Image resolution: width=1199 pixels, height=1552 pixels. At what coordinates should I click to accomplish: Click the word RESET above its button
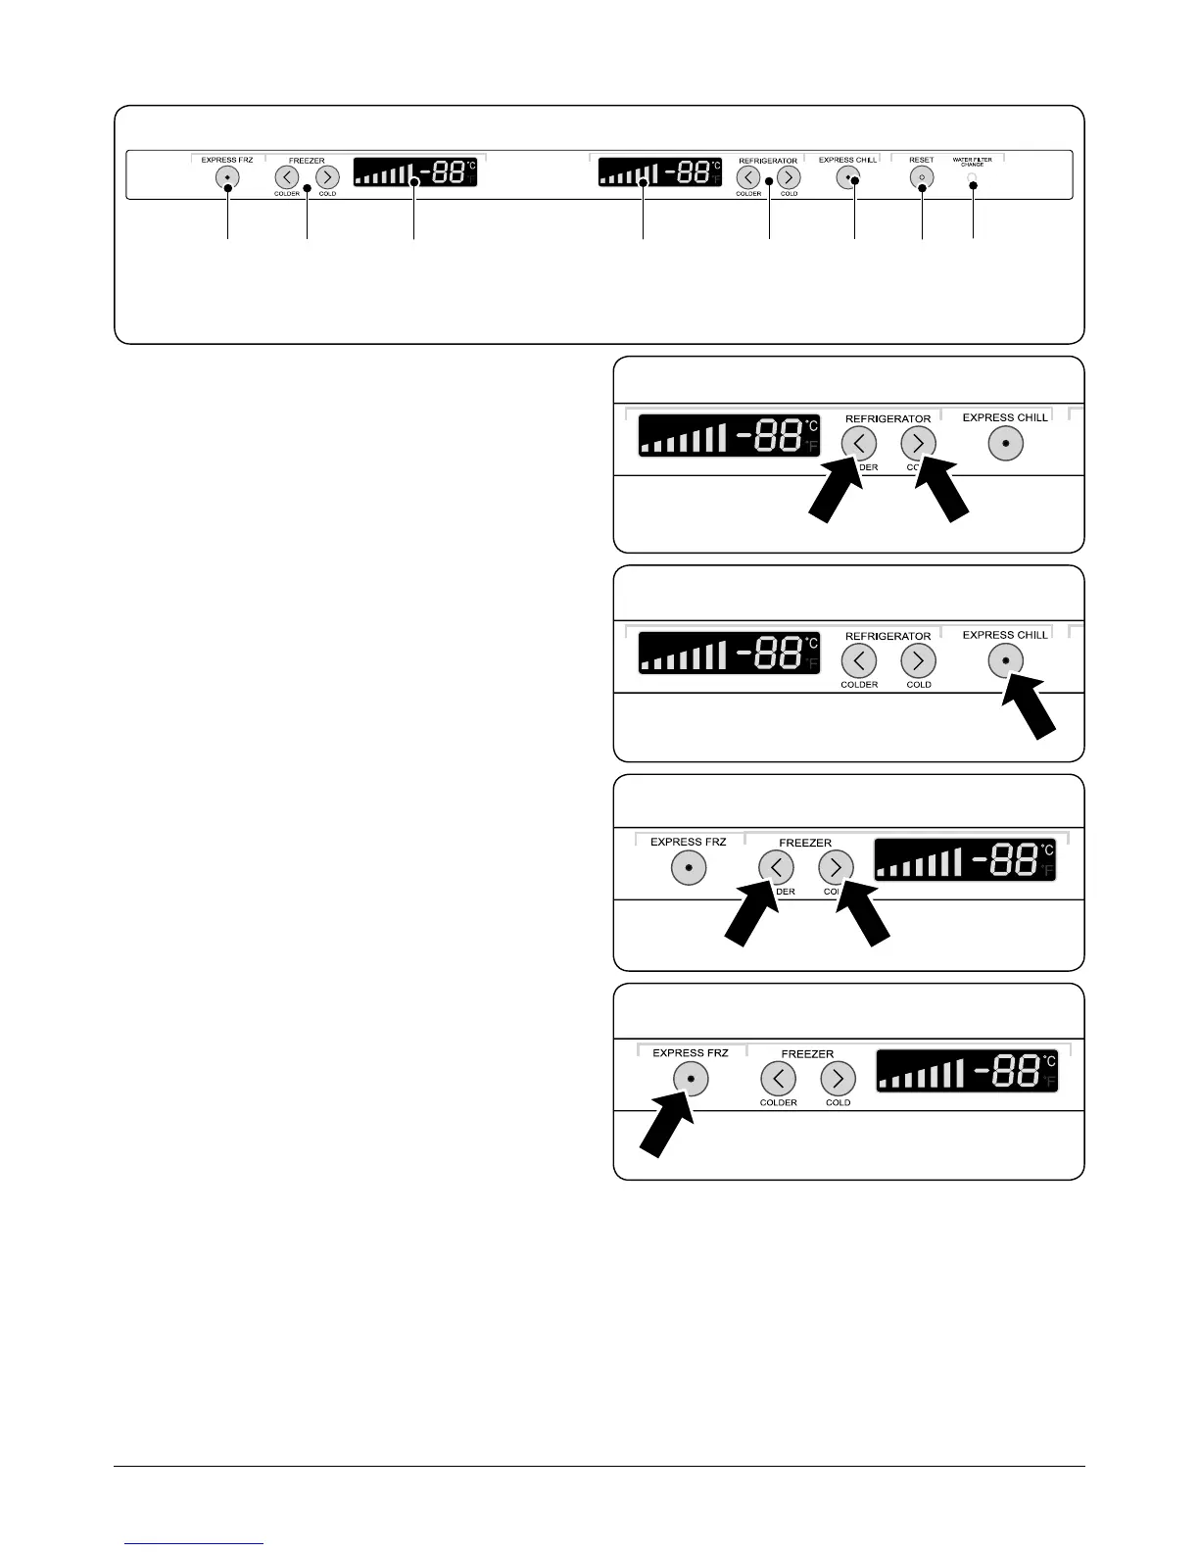(x=921, y=160)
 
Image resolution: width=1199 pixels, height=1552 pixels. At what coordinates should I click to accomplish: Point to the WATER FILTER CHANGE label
(x=972, y=162)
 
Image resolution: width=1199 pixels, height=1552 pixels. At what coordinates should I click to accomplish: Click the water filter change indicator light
(x=972, y=177)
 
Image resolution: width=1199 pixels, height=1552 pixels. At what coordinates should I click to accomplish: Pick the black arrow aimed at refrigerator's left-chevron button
(x=834, y=494)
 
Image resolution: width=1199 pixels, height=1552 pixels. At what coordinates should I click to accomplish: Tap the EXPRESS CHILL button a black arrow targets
(x=1005, y=661)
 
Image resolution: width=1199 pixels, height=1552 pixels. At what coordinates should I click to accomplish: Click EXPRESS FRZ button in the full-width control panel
(x=227, y=177)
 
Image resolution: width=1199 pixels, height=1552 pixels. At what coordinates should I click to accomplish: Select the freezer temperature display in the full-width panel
(x=414, y=171)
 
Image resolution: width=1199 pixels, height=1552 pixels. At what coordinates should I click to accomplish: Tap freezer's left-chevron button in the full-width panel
(x=286, y=177)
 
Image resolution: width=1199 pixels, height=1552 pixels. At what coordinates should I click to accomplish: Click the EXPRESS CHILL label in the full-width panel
(x=847, y=160)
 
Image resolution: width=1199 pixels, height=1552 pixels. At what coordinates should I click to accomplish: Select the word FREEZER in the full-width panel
(x=307, y=161)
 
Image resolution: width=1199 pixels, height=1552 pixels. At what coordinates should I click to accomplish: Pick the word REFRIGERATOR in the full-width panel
(x=768, y=161)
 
